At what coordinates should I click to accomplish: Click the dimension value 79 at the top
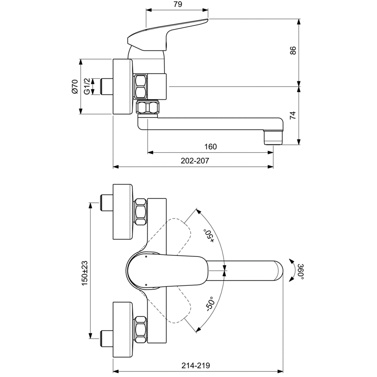(x=178, y=4)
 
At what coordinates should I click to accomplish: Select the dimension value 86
(x=292, y=51)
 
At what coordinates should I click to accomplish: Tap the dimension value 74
(x=292, y=116)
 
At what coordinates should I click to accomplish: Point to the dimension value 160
(x=211, y=147)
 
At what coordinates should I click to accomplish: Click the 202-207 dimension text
(x=195, y=161)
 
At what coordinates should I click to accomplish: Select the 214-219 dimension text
(x=196, y=365)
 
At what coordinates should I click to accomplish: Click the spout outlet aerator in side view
(x=273, y=137)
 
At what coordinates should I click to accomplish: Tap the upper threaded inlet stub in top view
(x=106, y=203)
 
